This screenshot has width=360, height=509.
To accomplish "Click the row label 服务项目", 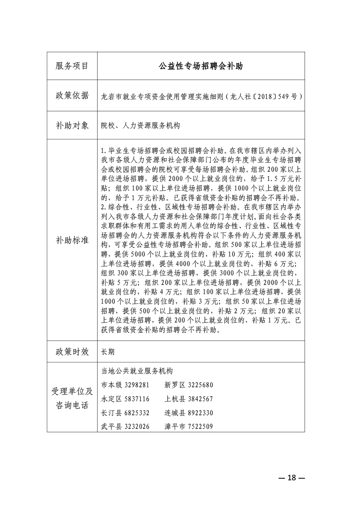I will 72,66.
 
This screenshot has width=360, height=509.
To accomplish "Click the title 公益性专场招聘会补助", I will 200,66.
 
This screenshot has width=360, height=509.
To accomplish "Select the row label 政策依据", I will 72,96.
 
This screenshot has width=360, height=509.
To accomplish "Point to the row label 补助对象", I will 72,125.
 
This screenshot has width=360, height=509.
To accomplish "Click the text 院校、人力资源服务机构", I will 140,126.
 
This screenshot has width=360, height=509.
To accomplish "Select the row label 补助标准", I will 72,240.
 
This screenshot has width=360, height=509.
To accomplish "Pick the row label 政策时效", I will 72,351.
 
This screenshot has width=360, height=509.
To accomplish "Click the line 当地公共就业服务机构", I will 137,371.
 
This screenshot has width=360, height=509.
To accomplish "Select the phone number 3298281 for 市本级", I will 137,385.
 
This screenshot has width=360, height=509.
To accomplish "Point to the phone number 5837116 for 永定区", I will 137,399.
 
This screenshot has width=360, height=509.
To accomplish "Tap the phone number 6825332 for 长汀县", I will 137,413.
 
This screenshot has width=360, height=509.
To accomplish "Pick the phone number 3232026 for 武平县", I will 137,427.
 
